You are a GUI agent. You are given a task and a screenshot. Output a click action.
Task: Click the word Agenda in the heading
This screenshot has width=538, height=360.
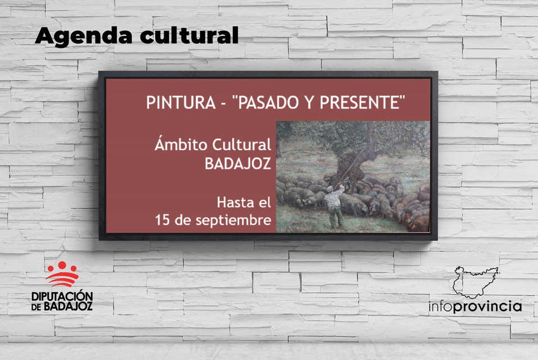(x=83, y=36)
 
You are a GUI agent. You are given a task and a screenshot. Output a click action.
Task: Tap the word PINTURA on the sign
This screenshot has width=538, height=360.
(x=181, y=102)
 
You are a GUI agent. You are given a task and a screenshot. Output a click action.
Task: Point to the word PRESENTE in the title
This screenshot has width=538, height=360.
(x=360, y=102)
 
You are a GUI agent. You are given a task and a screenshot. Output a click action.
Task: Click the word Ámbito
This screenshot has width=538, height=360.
(x=182, y=144)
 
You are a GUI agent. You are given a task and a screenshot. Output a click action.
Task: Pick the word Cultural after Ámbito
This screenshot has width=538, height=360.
(x=242, y=145)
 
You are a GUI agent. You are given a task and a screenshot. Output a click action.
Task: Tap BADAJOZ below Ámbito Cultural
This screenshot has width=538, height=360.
(x=238, y=164)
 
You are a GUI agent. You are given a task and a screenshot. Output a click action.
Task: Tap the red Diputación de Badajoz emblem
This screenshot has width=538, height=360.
(x=62, y=273)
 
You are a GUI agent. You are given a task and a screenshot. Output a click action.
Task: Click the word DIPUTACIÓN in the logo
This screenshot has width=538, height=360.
(x=62, y=296)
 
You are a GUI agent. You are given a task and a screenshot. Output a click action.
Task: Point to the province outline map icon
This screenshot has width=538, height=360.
(x=476, y=282)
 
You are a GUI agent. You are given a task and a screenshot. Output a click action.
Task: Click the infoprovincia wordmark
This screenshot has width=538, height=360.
(x=475, y=307)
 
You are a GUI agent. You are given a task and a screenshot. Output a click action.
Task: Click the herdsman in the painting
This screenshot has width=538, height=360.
(x=334, y=205)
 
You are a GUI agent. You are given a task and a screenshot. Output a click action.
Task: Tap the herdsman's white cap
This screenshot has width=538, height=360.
(x=330, y=188)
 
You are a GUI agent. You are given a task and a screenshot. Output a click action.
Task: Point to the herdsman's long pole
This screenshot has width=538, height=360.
(x=351, y=167)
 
